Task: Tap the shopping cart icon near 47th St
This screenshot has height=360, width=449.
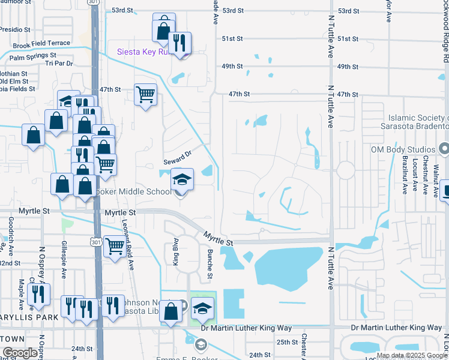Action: tap(145, 94)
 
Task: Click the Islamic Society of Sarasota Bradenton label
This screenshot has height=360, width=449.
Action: tap(415, 122)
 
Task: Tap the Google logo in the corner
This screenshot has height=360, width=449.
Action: tap(20, 353)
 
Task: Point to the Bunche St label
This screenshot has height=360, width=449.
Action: tap(211, 264)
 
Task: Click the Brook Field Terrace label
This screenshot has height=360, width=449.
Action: tap(41, 44)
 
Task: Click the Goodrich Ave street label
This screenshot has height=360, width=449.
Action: tap(11, 228)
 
